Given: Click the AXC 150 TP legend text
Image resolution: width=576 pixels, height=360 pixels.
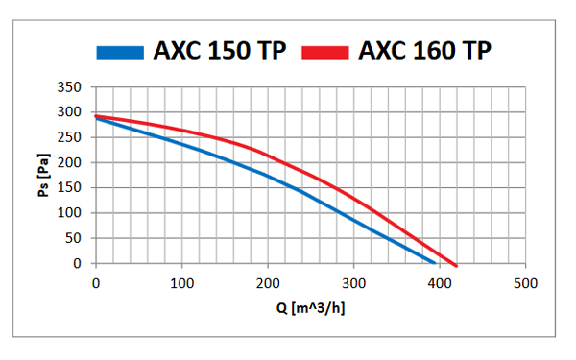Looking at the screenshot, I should coord(220,51).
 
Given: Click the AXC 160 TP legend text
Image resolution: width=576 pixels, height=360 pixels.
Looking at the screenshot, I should coord(425,51).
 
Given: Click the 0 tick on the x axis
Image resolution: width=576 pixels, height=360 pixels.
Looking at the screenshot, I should coord(95,283).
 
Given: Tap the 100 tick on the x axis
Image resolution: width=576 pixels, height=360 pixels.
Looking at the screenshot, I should coord(181,283).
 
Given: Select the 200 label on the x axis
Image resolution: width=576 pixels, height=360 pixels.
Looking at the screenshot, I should coord(268,283).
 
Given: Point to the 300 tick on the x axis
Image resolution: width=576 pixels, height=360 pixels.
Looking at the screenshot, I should coord(353,283).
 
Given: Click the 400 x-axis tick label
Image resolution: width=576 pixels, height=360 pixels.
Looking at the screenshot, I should coord(440,283).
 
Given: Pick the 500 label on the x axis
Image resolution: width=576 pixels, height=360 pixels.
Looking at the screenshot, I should coord(525,283).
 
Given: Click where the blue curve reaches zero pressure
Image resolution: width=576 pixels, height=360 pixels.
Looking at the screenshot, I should coord(435,263).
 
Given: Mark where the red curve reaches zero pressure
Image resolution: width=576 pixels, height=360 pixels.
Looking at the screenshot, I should coord(456,264).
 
